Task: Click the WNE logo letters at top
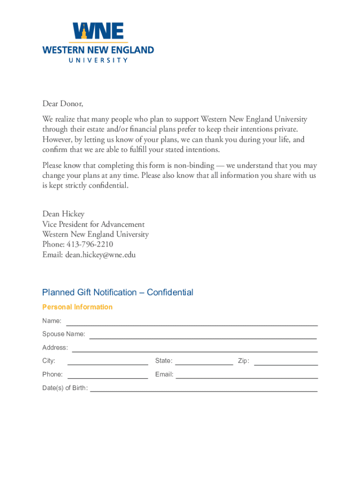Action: [98, 32]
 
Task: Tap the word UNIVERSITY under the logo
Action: [98, 60]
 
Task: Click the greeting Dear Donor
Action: [63, 103]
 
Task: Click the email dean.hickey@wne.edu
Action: [101, 255]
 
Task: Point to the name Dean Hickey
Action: [64, 214]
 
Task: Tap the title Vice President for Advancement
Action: [94, 224]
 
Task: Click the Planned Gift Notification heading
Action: [117, 292]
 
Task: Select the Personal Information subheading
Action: [77, 307]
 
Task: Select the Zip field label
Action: [243, 361]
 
